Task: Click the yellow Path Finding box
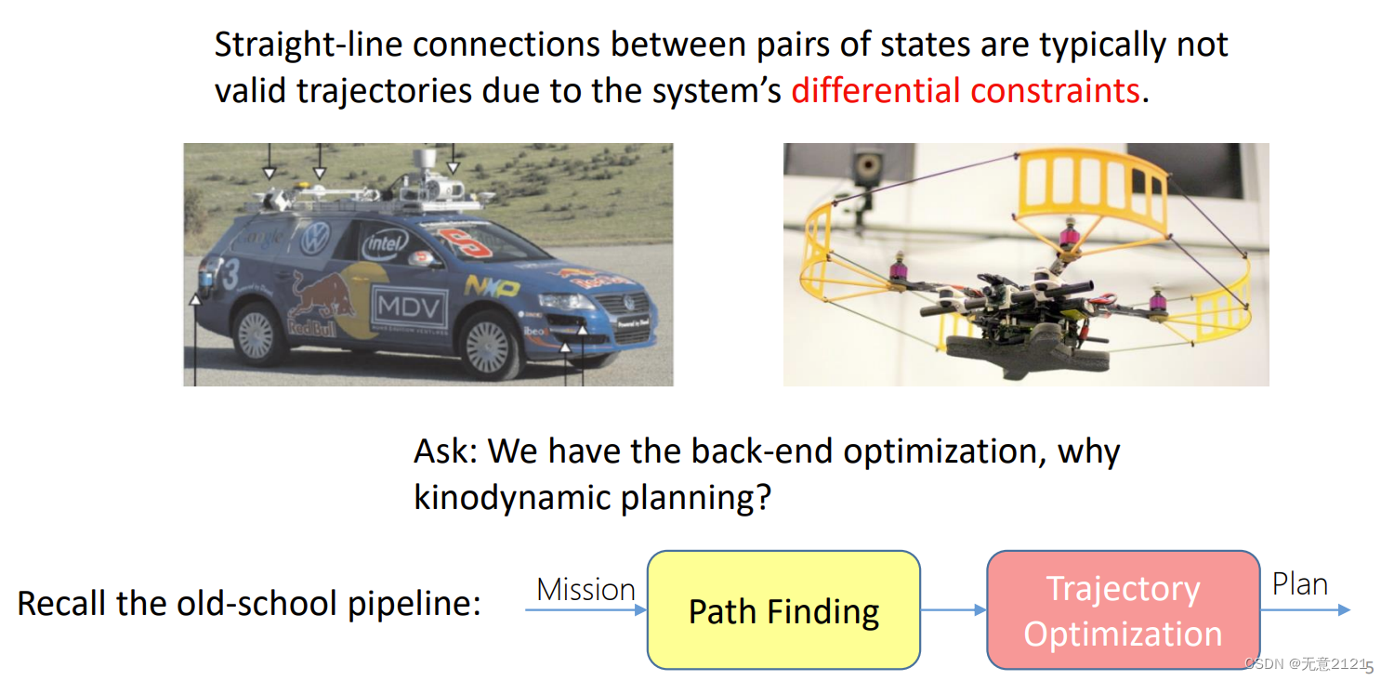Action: [783, 609]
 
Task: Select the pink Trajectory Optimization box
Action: [1124, 609]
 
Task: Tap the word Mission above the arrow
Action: [585, 589]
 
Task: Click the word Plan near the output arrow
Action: [1300, 583]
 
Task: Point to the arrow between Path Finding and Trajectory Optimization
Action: [954, 609]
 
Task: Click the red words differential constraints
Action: [966, 91]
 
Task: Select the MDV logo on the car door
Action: [409, 307]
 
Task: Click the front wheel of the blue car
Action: [488, 346]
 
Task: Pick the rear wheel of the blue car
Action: [256, 334]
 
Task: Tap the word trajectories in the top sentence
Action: [384, 91]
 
